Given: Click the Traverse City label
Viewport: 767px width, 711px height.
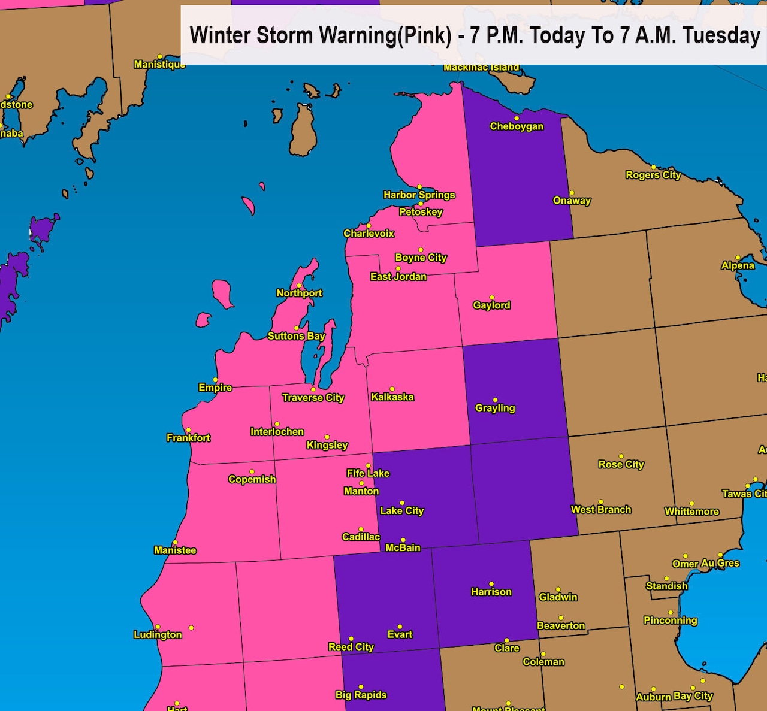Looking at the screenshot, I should point(313,398).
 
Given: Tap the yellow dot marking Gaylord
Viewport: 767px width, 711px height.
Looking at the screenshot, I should point(492,297).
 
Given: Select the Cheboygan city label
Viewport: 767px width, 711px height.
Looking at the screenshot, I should point(517,126).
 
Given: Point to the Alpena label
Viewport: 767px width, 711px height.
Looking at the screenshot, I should point(738,265).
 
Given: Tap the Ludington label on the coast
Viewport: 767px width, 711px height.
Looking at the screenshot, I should point(158,635).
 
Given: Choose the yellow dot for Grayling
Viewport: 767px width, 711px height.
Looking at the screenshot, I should point(495,400).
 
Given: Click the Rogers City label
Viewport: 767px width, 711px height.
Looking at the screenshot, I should point(653,175).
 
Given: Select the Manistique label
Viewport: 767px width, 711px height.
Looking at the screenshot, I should point(159,64).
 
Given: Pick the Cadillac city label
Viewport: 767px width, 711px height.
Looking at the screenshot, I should point(361,537).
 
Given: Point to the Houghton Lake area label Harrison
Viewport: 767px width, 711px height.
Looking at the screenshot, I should point(491,592).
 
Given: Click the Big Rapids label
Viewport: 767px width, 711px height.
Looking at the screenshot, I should point(361,695).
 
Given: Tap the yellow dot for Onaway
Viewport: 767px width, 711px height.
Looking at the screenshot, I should point(572,193).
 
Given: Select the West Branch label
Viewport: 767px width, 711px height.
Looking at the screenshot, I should point(601,510).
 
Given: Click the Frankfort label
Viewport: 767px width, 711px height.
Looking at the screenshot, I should point(188,438).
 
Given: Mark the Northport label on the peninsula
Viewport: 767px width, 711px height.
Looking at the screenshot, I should point(299,293).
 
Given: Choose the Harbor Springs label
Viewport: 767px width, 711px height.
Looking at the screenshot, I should point(419,195).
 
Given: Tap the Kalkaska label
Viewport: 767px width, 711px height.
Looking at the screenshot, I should point(392,397).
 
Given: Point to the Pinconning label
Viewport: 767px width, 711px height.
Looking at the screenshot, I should point(670,621).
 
